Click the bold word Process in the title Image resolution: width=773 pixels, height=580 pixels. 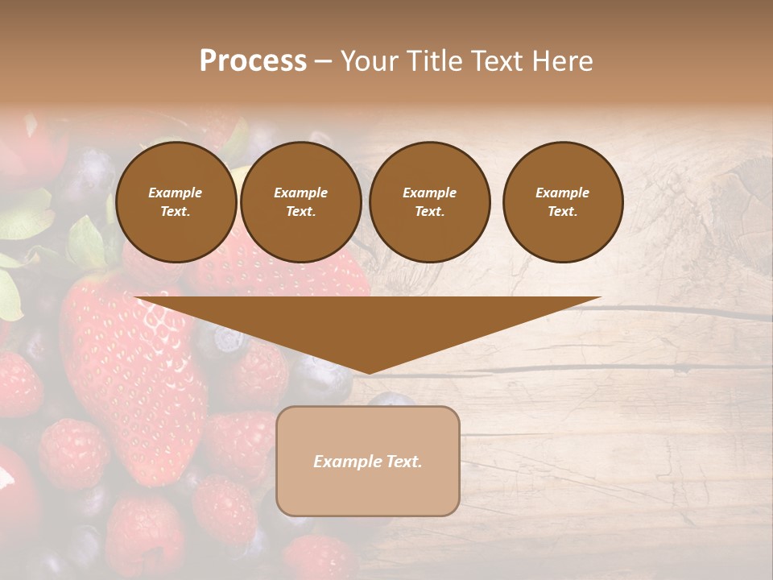(253, 61)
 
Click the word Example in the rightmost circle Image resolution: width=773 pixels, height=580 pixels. (562, 193)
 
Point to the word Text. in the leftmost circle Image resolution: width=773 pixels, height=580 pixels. (176, 212)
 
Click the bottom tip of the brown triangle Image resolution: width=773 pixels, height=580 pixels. (369, 372)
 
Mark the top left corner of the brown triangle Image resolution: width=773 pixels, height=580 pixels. (136, 298)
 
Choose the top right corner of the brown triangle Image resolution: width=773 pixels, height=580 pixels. (600, 298)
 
